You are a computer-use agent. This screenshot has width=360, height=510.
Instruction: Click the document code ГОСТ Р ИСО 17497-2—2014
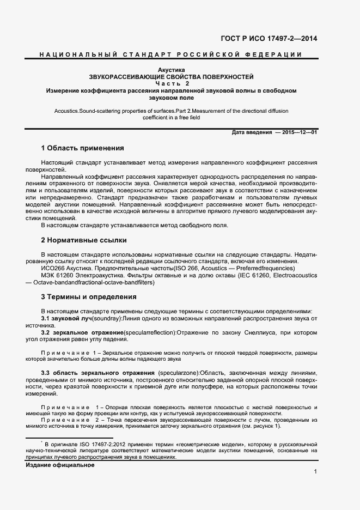(x=269, y=38)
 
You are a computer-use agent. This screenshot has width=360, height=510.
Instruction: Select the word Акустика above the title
(x=171, y=70)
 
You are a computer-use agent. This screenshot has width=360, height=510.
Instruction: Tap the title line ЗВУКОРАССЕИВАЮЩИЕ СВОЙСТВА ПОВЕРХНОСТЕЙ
(x=171, y=77)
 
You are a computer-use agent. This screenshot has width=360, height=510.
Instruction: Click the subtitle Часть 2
(x=171, y=84)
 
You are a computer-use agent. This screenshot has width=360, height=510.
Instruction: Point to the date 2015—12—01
(x=300, y=132)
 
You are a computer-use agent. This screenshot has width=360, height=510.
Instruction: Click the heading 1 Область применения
(x=83, y=148)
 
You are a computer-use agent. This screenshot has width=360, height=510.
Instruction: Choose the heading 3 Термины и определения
(x=89, y=297)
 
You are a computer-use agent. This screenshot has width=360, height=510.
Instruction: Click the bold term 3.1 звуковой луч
(x=66, y=318)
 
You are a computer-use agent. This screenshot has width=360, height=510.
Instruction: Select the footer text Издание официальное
(x=60, y=465)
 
